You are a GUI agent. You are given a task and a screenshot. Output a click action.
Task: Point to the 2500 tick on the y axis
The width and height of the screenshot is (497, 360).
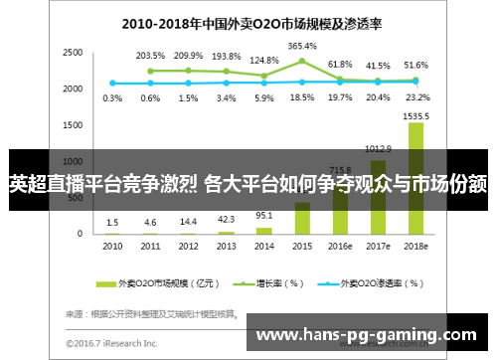coord(73,52)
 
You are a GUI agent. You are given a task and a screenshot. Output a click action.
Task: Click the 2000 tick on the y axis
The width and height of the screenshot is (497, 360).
coord(73,89)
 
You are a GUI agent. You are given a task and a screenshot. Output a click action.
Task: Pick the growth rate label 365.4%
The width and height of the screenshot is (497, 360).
coord(302,46)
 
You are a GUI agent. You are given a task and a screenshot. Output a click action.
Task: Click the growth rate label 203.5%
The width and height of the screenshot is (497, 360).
coord(150,56)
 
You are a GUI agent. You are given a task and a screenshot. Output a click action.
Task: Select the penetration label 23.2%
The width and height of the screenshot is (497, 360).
coord(417,97)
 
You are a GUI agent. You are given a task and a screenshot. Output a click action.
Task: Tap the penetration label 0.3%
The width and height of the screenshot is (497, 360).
coord(112,97)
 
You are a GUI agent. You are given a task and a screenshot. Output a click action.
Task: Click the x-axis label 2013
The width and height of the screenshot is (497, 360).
coord(227,245)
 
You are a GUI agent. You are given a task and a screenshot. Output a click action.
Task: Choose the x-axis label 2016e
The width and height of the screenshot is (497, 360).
coord(340,245)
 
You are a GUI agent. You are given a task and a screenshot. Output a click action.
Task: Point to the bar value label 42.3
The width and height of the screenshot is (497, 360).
coord(227,220)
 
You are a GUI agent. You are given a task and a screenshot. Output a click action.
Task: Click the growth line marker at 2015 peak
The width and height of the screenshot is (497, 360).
coord(302,61)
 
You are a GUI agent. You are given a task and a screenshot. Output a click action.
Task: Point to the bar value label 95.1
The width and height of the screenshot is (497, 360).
coord(264,215)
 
